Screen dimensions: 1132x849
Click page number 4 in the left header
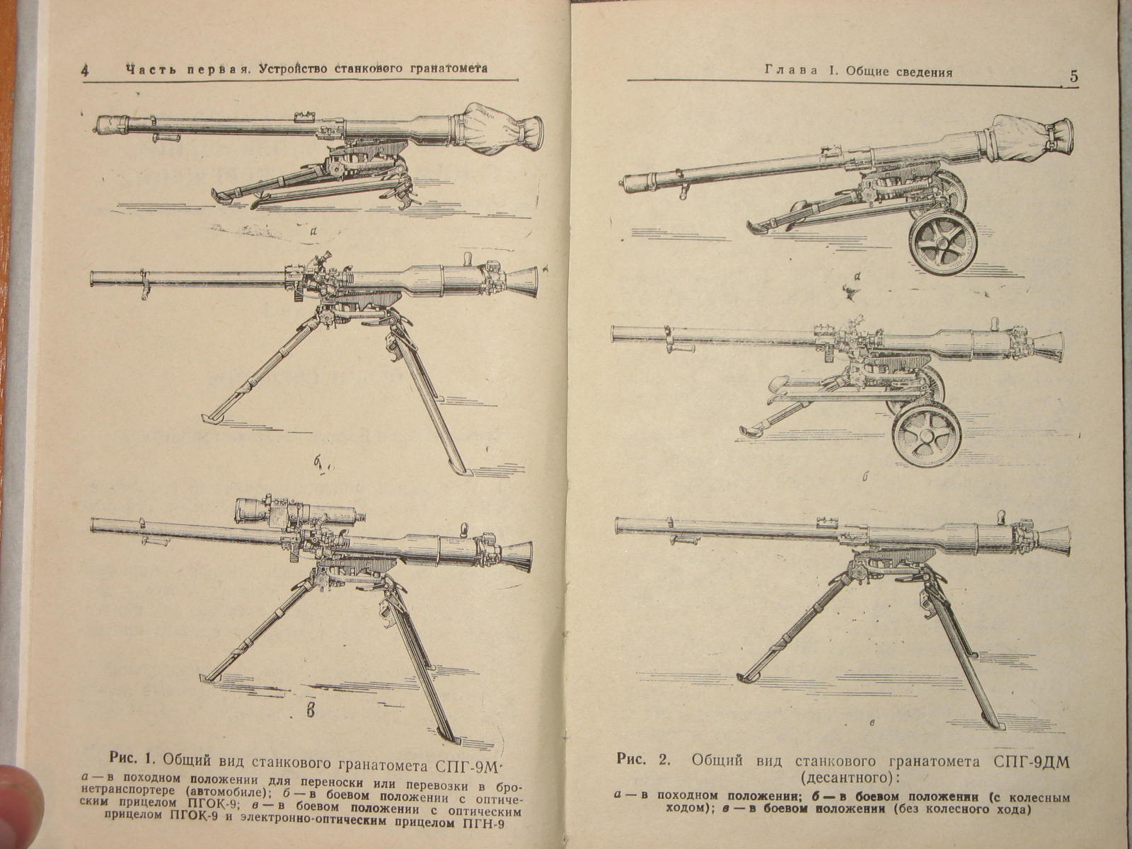click(x=85, y=70)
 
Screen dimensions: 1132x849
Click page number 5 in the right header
click(x=1074, y=77)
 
